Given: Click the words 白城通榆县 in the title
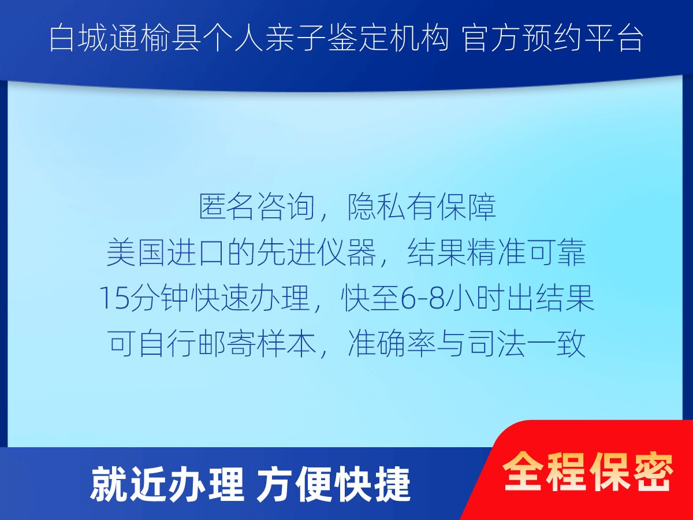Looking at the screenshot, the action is point(124,39).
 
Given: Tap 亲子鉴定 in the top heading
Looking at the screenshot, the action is point(326,39).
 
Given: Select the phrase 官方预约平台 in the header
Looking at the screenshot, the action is point(553,39).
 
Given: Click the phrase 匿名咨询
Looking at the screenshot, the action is point(256,207).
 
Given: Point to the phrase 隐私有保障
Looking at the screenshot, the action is point(421,207).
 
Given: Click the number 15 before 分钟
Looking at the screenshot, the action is point(114,298).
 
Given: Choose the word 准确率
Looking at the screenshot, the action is point(392,344).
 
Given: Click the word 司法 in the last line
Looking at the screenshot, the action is point(496,344).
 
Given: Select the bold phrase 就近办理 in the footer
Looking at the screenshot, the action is point(167,485).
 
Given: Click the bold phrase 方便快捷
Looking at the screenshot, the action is point(333,485).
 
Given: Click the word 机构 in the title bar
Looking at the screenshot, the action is point(418,39).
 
